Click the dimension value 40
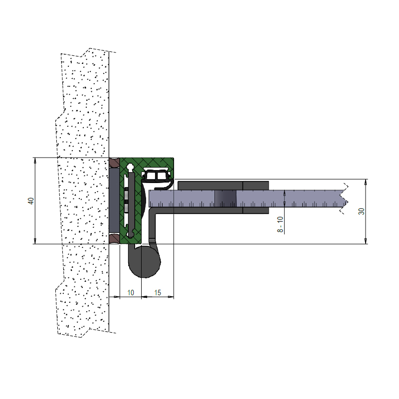point(31,201)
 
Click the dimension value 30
point(361,211)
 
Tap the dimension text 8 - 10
point(280,224)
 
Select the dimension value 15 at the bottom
point(158,293)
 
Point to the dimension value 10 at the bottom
point(131,293)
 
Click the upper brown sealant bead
point(114,163)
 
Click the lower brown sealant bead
point(114,238)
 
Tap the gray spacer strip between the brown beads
point(114,200)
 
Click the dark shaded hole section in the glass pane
point(225,199)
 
